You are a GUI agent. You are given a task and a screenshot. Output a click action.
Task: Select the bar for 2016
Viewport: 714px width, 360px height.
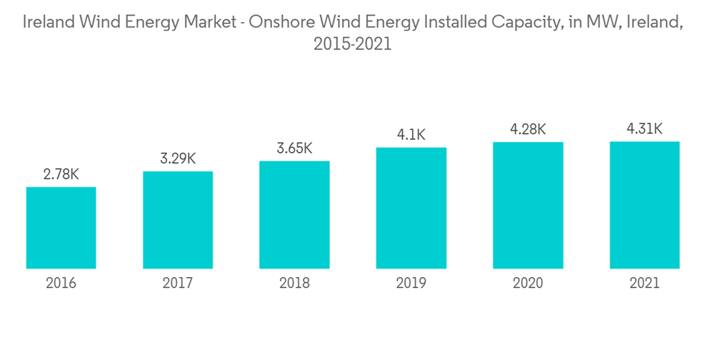(61, 228)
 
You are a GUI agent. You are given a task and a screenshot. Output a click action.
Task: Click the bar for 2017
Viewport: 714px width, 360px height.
(178, 220)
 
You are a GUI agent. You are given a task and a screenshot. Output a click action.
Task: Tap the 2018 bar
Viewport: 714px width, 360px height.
(294, 215)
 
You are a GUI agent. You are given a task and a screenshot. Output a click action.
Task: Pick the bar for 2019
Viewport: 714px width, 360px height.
(411, 208)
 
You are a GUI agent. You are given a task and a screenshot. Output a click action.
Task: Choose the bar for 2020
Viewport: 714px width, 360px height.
(528, 206)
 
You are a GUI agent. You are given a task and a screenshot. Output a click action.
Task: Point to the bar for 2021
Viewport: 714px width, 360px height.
(644, 205)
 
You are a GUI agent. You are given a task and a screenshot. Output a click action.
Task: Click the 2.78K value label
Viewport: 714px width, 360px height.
(61, 174)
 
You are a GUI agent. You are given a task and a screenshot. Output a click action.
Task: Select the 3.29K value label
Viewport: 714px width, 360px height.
(178, 159)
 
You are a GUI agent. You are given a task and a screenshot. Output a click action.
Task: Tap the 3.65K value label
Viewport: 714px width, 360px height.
(294, 149)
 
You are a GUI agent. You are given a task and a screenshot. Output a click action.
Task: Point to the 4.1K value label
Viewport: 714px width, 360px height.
(411, 134)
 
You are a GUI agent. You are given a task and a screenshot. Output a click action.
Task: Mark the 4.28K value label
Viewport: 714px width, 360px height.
(528, 129)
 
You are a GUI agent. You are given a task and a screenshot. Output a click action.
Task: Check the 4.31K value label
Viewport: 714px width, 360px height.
(644, 129)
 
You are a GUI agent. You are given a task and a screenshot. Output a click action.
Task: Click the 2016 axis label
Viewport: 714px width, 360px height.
(61, 284)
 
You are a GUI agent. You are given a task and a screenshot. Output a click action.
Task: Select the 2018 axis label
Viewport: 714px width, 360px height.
(294, 284)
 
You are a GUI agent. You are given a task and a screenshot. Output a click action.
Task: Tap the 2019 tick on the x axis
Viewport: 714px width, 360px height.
(411, 284)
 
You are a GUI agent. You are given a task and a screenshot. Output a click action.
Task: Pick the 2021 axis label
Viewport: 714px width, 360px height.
(644, 284)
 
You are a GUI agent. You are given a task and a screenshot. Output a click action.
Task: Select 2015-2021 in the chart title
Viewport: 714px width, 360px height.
(352, 44)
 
